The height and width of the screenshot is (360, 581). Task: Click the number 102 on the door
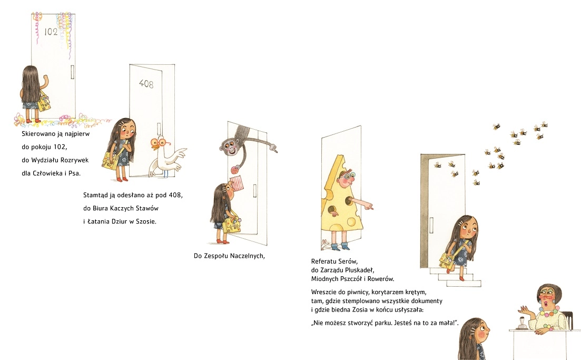tap(51, 32)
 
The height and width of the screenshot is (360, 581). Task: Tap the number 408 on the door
tap(146, 84)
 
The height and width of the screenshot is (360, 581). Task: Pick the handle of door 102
tap(72, 72)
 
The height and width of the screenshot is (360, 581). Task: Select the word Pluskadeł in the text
tap(360, 270)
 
